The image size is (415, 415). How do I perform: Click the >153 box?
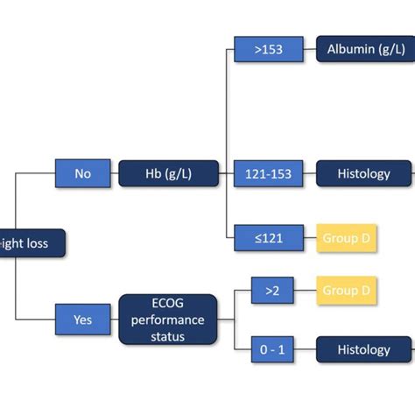coord(269,50)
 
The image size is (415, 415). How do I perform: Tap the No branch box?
coord(83,173)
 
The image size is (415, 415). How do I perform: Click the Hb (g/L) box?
coord(168,173)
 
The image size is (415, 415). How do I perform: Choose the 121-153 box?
coord(269,173)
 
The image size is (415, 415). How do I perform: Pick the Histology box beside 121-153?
coord(363,173)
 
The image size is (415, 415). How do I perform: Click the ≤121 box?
coord(269,238)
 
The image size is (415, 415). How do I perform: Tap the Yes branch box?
coord(83,320)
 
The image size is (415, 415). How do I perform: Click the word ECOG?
coord(168,305)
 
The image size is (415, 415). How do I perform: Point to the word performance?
coord(168,320)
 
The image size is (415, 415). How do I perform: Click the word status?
coord(168,336)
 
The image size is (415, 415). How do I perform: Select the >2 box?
coord(272,290)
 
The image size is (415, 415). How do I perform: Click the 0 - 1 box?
coord(272,350)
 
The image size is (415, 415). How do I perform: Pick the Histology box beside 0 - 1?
coord(363,350)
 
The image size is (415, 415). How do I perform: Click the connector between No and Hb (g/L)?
coord(115,173)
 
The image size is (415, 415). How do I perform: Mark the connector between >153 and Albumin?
coord(310,50)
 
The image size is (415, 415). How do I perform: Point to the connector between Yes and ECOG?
coord(115,320)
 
